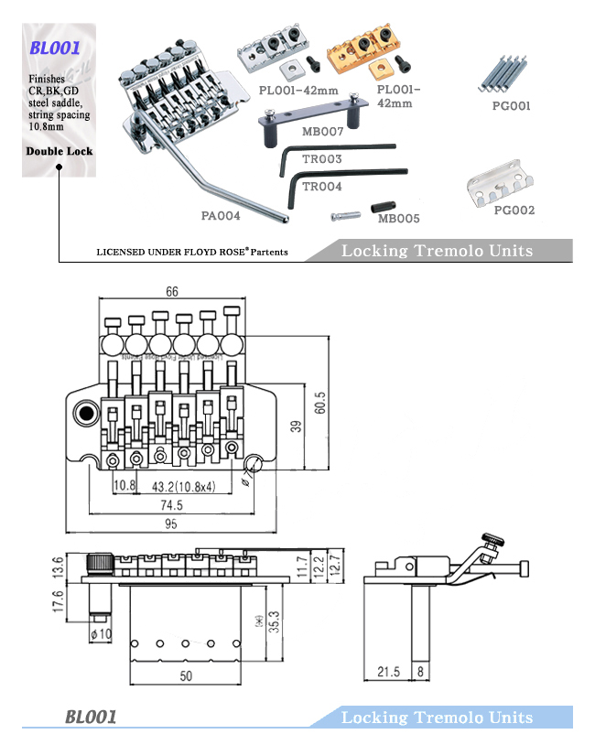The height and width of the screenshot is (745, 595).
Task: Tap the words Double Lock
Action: coord(59,151)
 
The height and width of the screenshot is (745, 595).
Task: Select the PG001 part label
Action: coord(511,106)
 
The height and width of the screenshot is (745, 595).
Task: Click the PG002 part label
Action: coord(514,210)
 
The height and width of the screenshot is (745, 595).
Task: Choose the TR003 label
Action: coord(321,159)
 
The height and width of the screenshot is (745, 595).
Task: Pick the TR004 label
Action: coord(321,187)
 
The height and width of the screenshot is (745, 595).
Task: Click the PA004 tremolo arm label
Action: coord(220,217)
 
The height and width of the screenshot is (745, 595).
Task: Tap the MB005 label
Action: coord(398,219)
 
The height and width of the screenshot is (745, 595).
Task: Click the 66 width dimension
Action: coord(172,291)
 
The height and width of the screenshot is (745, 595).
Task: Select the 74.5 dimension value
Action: coord(170,504)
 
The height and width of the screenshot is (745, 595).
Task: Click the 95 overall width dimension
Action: coord(170,524)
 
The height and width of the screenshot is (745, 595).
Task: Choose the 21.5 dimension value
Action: coord(391,673)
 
